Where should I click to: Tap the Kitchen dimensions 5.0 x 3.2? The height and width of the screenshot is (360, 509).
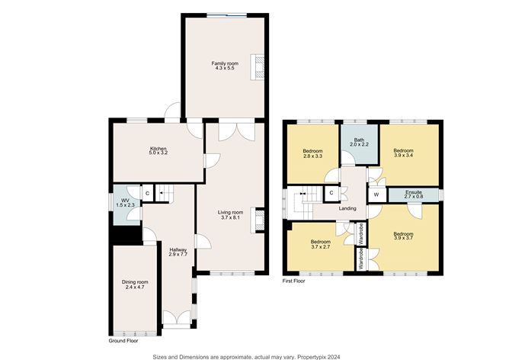point(158,153)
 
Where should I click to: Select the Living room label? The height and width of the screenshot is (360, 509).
point(230,212)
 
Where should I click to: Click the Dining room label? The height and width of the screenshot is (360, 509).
point(135,284)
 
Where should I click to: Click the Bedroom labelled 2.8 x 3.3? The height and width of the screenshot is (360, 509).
point(312,153)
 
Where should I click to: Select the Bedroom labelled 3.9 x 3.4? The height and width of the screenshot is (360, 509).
point(403,153)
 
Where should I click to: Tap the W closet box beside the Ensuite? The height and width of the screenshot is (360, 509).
point(376,194)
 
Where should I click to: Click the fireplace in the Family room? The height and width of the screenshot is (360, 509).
point(259,65)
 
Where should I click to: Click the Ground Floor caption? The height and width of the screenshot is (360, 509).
point(123,340)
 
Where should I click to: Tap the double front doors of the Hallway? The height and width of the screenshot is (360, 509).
point(175,319)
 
